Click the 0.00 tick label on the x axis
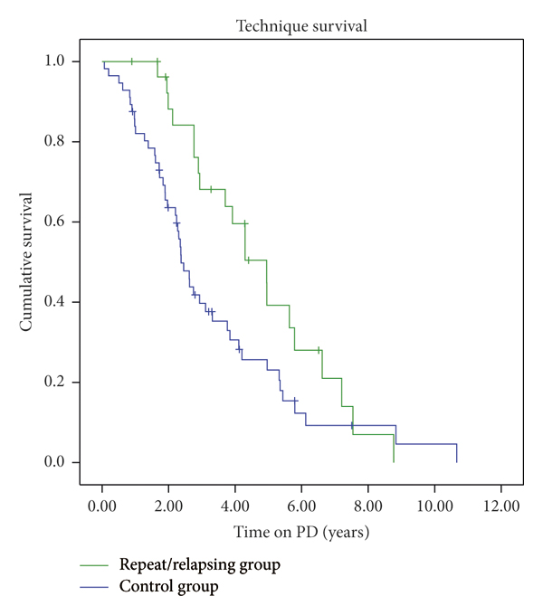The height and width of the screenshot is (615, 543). (x=102, y=506)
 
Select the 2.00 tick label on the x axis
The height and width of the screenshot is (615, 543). (x=169, y=506)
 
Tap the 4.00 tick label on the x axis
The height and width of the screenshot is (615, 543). (x=235, y=506)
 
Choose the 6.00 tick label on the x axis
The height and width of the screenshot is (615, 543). (x=302, y=506)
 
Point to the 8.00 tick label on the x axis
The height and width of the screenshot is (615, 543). (x=368, y=506)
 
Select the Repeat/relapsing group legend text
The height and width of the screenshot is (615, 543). (x=200, y=566)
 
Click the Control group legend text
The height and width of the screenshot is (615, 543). (x=169, y=586)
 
